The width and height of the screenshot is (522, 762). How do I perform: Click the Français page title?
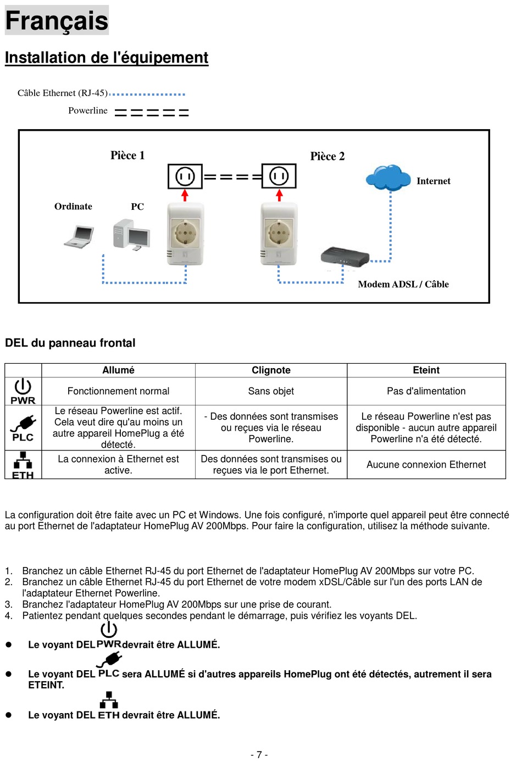click(57, 20)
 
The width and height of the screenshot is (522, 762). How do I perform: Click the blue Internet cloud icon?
click(388, 177)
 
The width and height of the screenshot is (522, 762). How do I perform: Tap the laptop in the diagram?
click(79, 236)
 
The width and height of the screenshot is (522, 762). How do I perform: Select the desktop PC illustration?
click(131, 235)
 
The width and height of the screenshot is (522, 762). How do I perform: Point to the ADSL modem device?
click(345, 257)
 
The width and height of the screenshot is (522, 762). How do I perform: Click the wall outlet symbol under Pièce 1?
click(185, 176)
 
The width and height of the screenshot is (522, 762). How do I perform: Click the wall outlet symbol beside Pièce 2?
click(279, 176)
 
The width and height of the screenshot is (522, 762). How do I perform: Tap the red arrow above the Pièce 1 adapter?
click(185, 195)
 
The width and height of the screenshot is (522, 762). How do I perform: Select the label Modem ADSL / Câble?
click(403, 284)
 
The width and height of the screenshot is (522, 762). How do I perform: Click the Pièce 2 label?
click(327, 156)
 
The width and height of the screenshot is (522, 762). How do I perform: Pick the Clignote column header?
click(271, 370)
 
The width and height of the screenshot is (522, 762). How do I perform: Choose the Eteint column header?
click(426, 370)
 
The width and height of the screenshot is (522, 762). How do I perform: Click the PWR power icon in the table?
click(23, 391)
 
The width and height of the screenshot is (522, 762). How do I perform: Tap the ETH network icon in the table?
click(23, 465)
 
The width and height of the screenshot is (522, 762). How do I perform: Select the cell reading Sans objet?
click(271, 391)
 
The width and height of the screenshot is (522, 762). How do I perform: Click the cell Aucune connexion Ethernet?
click(426, 465)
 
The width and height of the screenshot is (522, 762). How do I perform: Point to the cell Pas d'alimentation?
click(426, 391)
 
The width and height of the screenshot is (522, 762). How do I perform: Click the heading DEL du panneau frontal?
click(70, 343)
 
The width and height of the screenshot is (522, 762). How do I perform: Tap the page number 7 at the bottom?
click(259, 755)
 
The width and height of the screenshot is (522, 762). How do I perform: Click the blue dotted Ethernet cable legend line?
click(148, 94)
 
